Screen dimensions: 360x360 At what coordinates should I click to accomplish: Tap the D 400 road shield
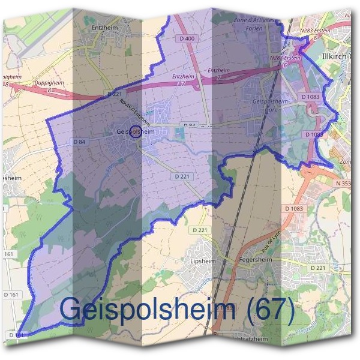[x=187, y=39]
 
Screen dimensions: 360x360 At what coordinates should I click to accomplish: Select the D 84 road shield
[x=79, y=142]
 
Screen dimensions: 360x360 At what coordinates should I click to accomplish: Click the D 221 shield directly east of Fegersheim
[x=317, y=267]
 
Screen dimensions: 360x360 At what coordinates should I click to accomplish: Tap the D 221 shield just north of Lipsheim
[x=199, y=230]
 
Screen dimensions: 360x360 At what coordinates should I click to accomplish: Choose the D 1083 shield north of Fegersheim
[x=295, y=208]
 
